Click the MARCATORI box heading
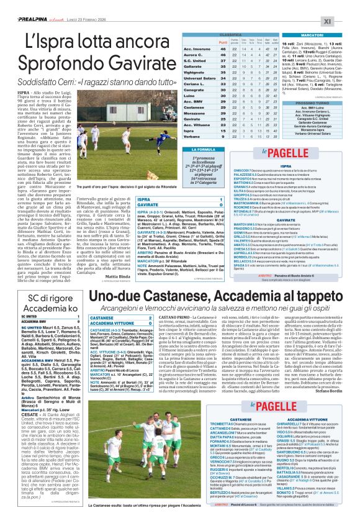[x=316, y=35]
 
